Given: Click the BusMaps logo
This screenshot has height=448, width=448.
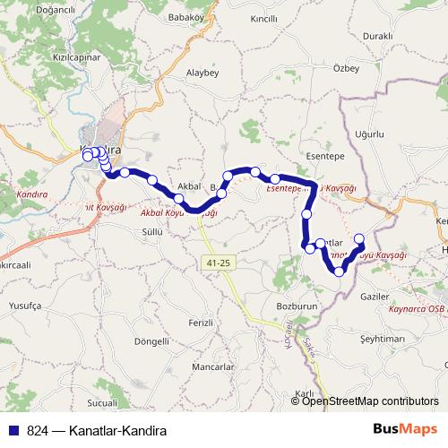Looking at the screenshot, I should point(408,429).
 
